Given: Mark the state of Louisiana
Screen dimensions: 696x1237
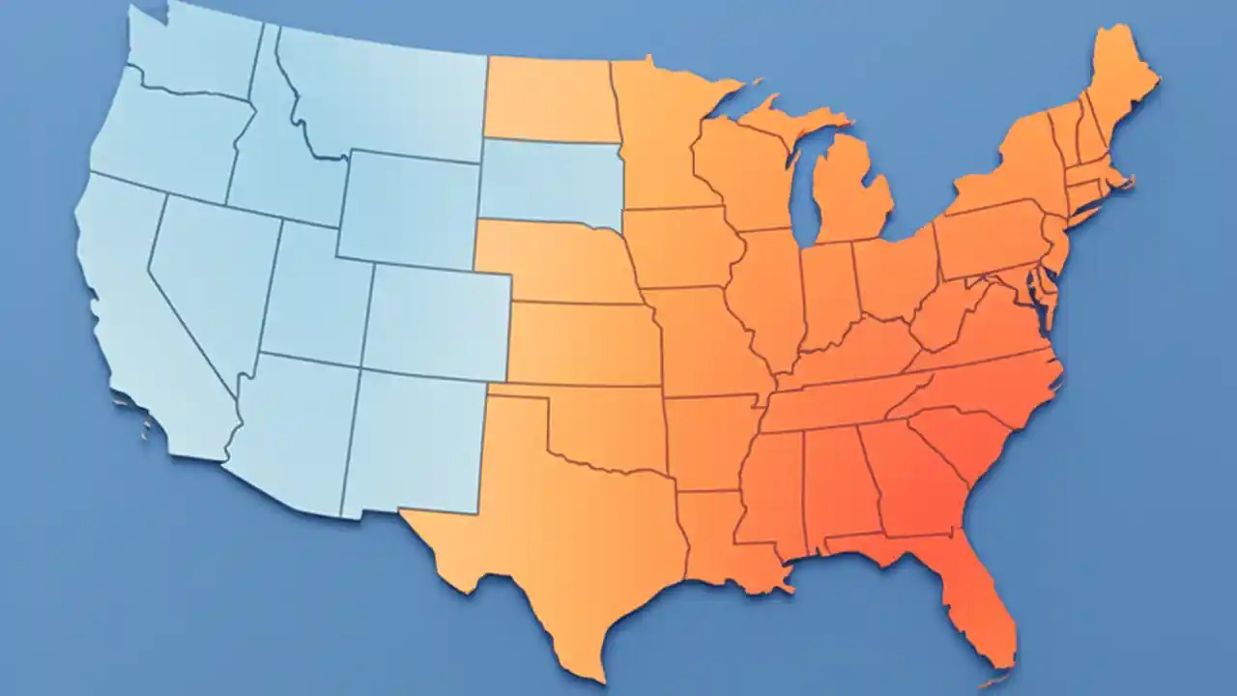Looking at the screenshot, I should [720, 536].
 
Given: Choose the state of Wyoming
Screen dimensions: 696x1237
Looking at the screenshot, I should [411, 208].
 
